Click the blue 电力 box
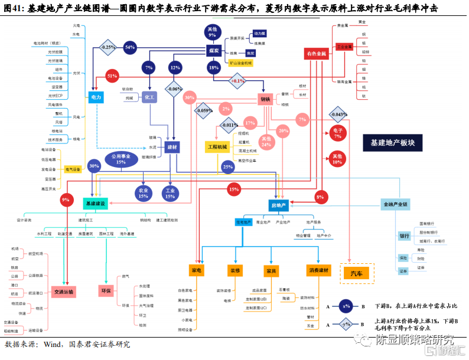(x=96, y=97)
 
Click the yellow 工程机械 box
(x=217, y=146)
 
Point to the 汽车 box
(x=359, y=273)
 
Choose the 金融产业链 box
(x=395, y=205)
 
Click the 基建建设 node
(x=95, y=204)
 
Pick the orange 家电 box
(x=197, y=270)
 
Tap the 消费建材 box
(x=319, y=270)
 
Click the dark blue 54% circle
(x=130, y=47)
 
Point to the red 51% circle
(x=112, y=76)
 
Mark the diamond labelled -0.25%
(x=108, y=47)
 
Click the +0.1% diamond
(x=237, y=80)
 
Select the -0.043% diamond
(x=338, y=114)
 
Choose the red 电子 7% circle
(x=337, y=133)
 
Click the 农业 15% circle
(x=143, y=193)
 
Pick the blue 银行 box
(x=405, y=236)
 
